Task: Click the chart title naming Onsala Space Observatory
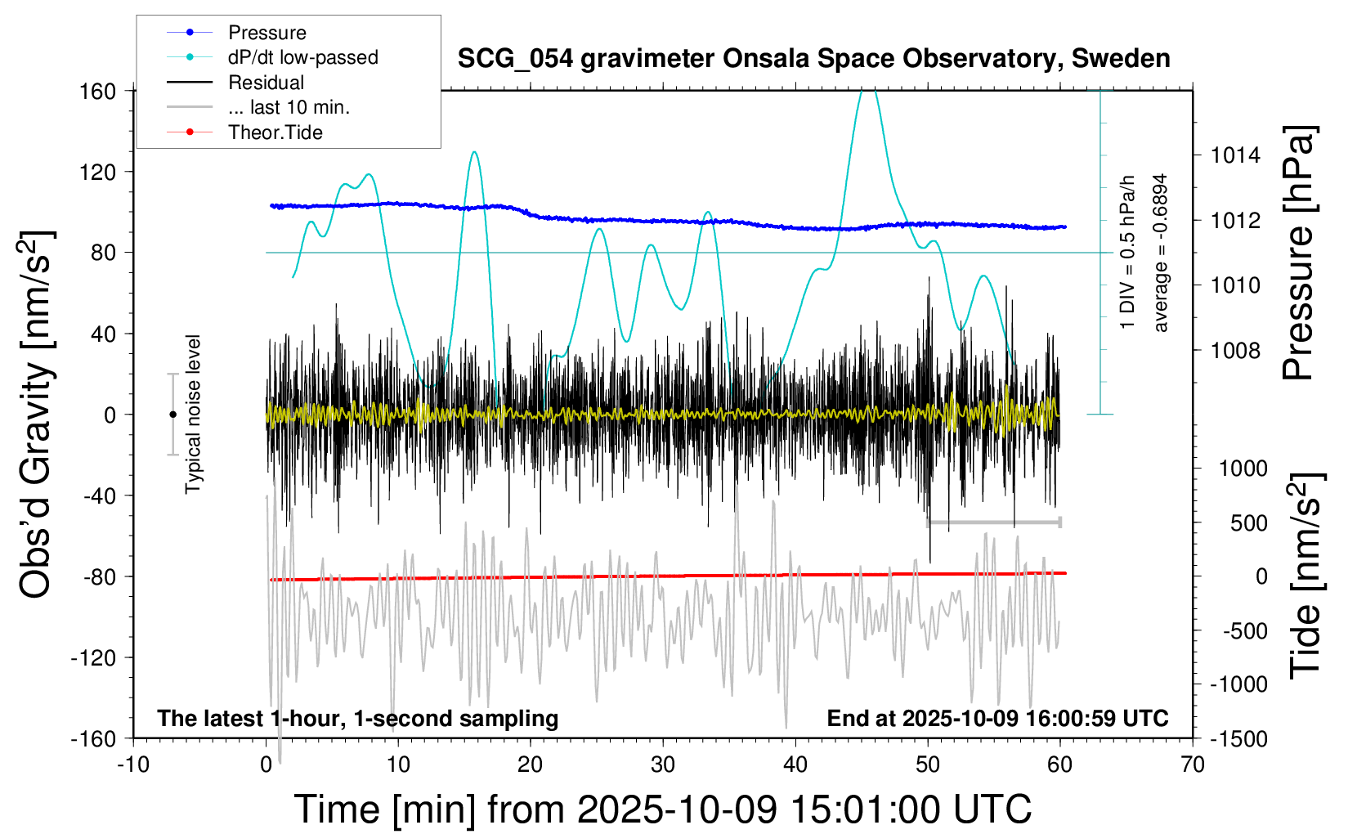tap(813, 59)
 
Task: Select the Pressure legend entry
tap(266, 33)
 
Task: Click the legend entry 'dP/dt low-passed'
tap(302, 57)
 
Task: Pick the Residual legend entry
tap(266, 83)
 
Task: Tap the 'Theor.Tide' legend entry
tap(275, 132)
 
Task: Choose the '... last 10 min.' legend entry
tap(289, 107)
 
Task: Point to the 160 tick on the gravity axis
tap(97, 91)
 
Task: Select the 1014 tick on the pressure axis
tap(1236, 155)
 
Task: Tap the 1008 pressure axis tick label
tap(1236, 351)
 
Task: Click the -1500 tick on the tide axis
tap(1238, 738)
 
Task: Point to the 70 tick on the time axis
tap(1193, 765)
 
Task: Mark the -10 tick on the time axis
tap(133, 765)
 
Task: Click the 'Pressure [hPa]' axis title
tap(1298, 253)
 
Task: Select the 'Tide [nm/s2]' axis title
tap(1305, 576)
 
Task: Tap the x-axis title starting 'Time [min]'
tap(662, 809)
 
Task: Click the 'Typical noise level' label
tap(193, 414)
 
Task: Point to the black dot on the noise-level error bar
tap(172, 415)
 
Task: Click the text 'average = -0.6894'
tap(1160, 253)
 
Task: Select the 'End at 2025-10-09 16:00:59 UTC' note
tap(997, 719)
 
